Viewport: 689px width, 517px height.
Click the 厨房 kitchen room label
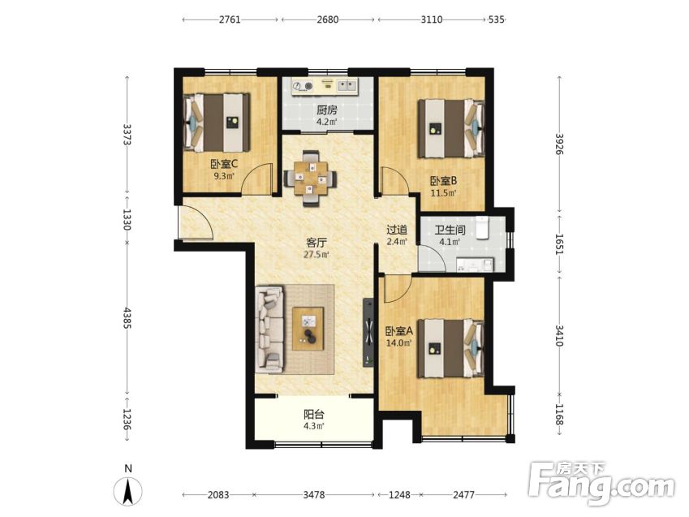(x=327, y=110)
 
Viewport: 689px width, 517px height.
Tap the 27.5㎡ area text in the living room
(x=317, y=255)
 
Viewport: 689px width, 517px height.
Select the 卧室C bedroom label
(x=224, y=165)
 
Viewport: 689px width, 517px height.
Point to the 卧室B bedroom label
(x=443, y=181)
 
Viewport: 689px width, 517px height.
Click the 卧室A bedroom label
(x=399, y=330)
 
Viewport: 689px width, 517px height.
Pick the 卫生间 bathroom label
(x=450, y=230)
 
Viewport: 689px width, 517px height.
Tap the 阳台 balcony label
(x=314, y=414)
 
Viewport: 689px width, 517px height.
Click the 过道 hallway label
(x=397, y=230)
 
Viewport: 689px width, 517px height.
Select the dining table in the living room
(x=311, y=178)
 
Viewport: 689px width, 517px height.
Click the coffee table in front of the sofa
(x=308, y=329)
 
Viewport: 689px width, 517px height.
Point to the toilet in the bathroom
(x=483, y=227)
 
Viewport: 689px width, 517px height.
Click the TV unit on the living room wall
(x=368, y=333)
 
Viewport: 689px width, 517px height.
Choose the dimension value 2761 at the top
(x=230, y=19)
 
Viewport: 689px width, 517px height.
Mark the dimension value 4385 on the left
(x=127, y=318)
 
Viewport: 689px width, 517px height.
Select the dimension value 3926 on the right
(x=559, y=144)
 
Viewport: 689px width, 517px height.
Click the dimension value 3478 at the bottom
(x=314, y=494)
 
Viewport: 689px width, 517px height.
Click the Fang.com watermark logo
(x=601, y=483)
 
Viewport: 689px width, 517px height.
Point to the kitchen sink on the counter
(x=347, y=85)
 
